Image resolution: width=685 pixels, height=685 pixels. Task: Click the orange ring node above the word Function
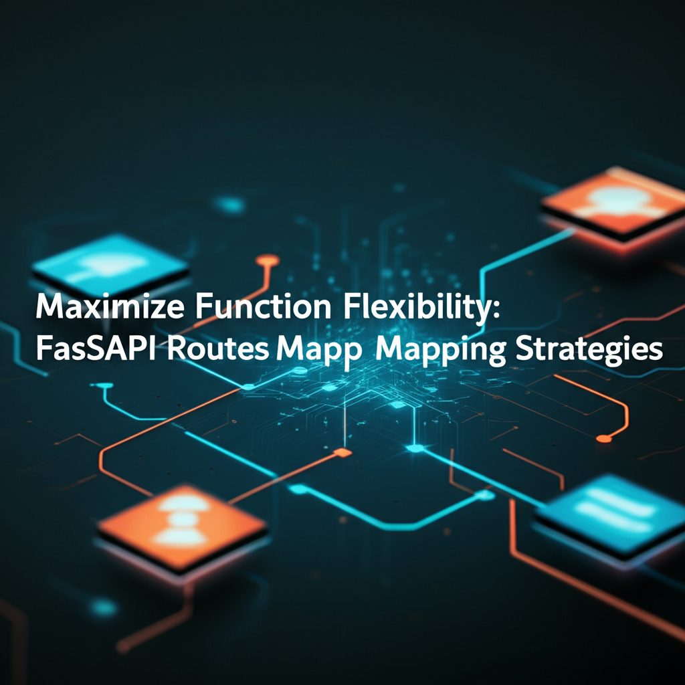click(x=268, y=260)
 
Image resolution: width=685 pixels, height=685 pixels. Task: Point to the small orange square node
click(x=342, y=453)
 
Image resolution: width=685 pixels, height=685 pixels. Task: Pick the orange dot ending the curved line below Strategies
click(x=604, y=438)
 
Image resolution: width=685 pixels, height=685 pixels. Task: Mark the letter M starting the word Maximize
click(x=47, y=310)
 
